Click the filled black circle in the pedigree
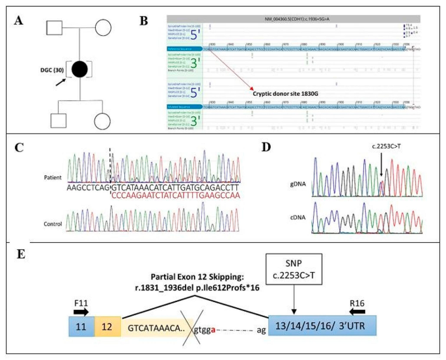[x=82, y=70]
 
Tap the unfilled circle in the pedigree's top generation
[x=105, y=29]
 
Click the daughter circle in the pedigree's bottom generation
[x=105, y=121]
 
